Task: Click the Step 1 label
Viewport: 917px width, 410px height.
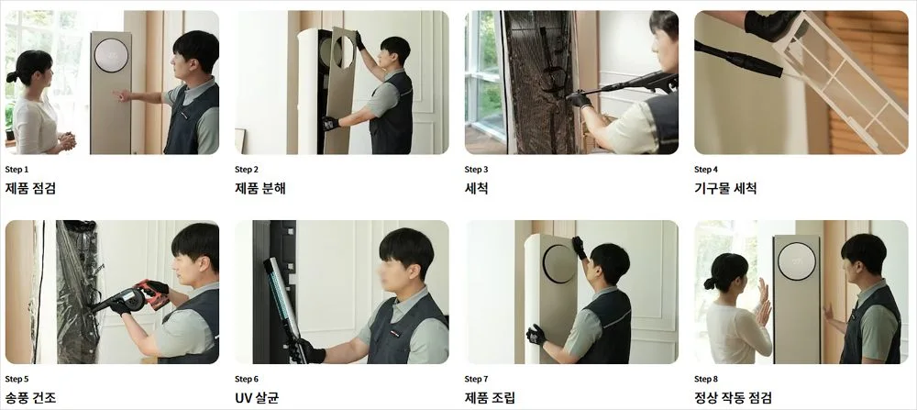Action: (17, 170)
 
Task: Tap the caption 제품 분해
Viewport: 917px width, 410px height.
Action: (260, 189)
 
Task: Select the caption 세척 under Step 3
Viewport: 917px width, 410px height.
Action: (477, 189)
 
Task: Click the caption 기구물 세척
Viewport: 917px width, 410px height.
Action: (725, 189)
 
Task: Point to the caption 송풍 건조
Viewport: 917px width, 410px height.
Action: (30, 398)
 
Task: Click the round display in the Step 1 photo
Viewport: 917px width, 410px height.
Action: (112, 56)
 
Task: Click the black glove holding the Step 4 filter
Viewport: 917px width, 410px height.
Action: (772, 24)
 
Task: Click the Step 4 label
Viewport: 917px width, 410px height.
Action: (706, 170)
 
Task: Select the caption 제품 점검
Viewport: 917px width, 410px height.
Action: (30, 189)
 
